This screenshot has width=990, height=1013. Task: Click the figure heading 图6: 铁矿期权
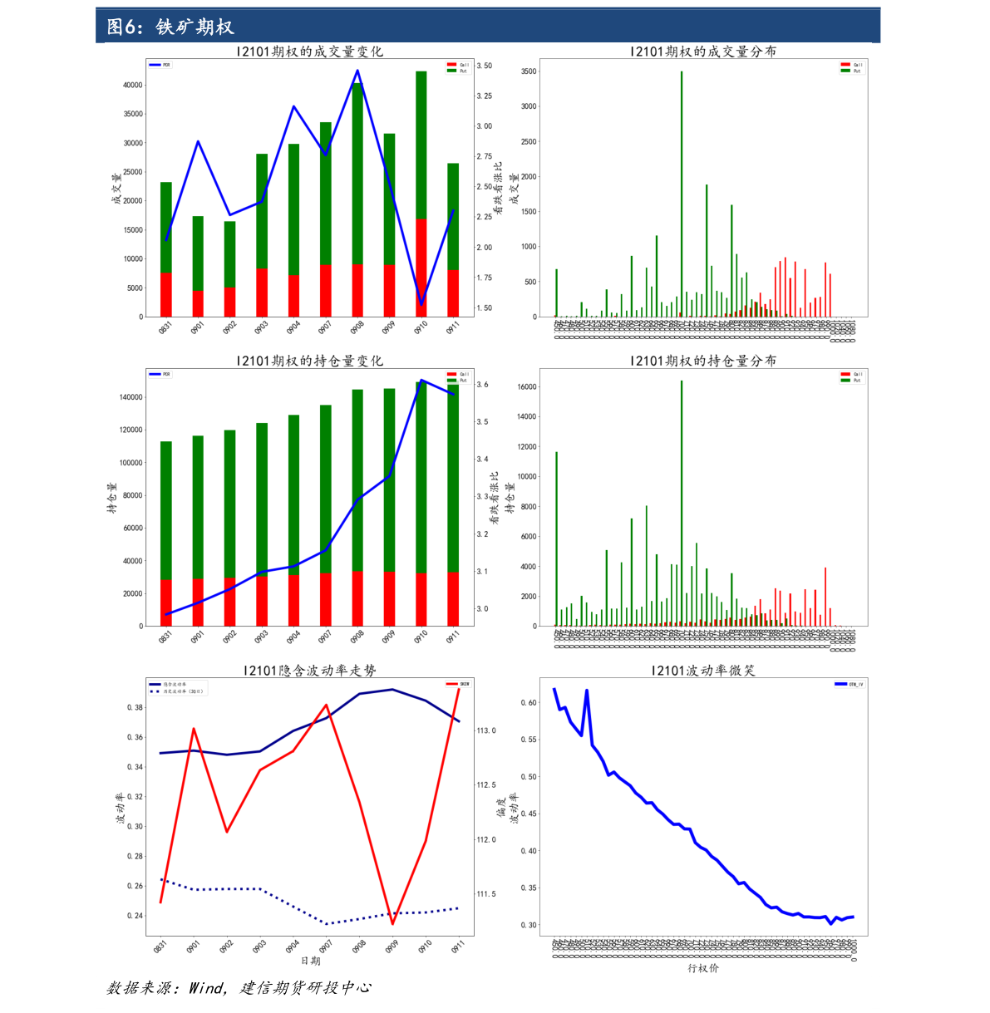[170, 27]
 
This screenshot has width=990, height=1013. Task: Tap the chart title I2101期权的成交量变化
[309, 52]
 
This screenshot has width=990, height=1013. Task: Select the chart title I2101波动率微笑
[703, 671]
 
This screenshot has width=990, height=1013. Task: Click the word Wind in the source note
[207, 988]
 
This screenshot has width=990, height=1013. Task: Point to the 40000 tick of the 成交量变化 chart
[132, 85]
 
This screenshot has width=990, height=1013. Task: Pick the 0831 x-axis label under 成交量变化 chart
[165, 328]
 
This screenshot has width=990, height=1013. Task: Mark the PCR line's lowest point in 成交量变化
[421, 304]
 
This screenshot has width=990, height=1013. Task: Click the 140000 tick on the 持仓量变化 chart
[131, 397]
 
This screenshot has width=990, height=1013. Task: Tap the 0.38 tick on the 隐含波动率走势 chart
[134, 708]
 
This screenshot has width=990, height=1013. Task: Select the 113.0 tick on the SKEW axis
[486, 731]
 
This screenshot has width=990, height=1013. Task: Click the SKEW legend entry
[459, 684]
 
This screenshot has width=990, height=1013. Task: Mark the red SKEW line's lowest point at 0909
[392, 923]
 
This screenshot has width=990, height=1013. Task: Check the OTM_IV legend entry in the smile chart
[849, 684]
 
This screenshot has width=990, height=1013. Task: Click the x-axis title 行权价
[703, 968]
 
